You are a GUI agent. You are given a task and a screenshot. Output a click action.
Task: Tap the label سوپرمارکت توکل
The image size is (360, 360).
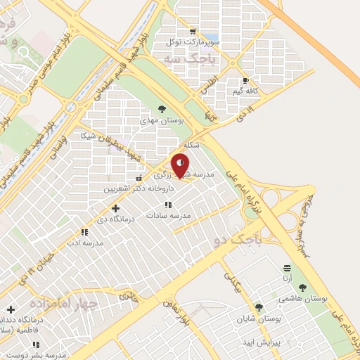point(192,42)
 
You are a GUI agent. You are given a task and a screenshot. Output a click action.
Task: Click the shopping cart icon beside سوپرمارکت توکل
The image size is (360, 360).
point(193,32)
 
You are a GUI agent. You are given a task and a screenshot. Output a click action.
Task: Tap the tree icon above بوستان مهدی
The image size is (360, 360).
point(162,109)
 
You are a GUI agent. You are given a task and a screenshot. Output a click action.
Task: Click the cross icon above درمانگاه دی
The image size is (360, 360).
point(115,208)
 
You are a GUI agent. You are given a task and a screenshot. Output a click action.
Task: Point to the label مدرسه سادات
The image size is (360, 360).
point(168,216)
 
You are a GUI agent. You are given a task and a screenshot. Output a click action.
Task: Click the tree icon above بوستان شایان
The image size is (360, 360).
point(259,307)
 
